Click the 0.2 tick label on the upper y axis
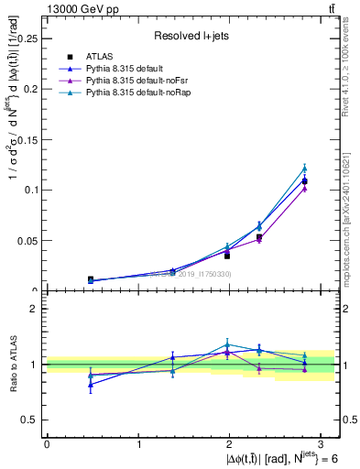tap(32, 89)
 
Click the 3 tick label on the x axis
tap(322, 443)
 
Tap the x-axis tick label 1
tap(138, 443)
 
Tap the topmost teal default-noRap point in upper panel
tap(305, 168)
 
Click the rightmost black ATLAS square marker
tap(305, 181)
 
